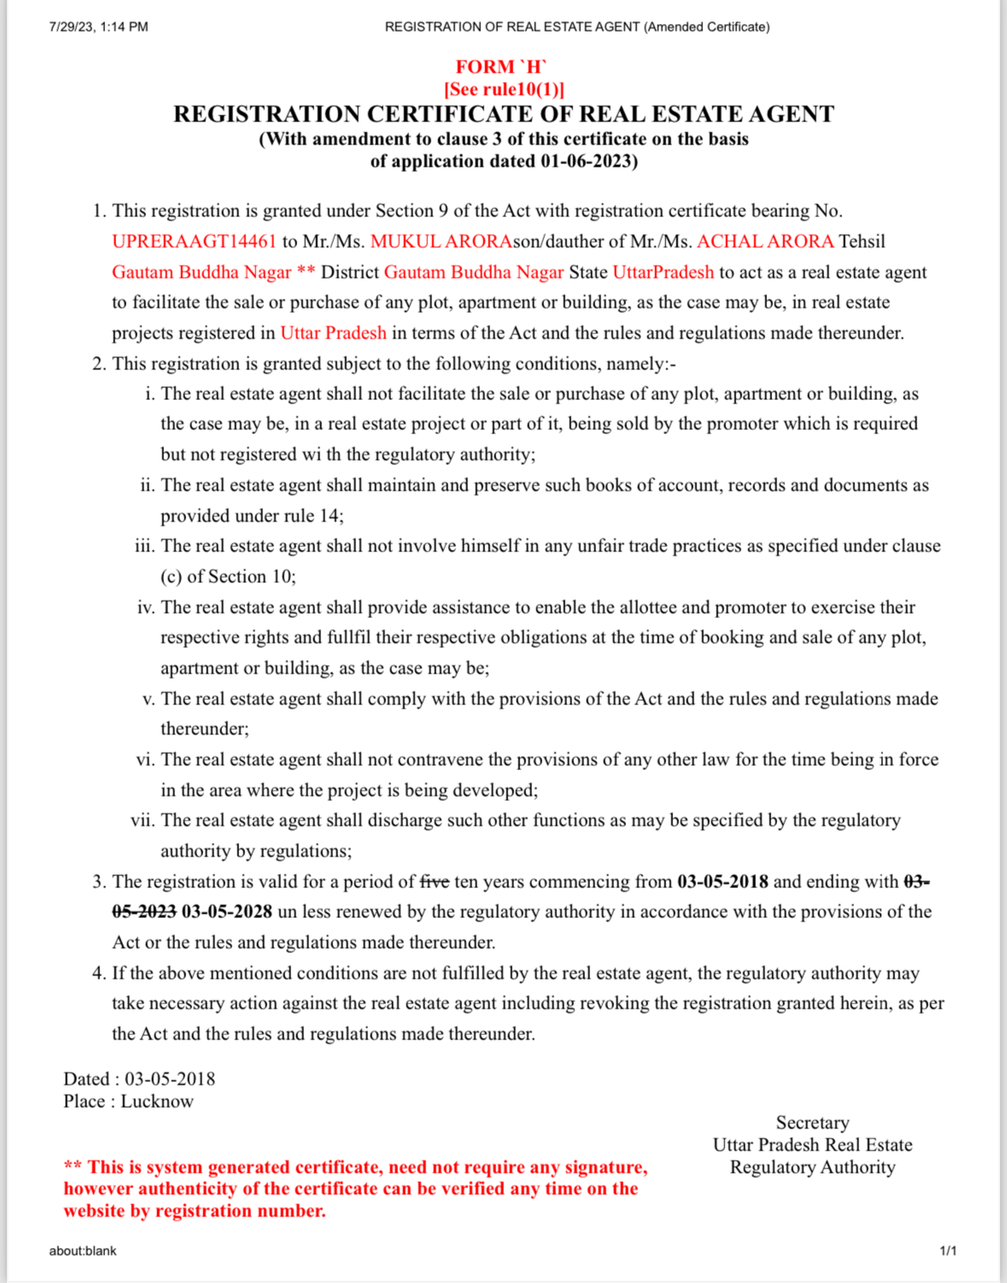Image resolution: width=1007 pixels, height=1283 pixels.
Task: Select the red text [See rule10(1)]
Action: pyautogui.click(x=503, y=89)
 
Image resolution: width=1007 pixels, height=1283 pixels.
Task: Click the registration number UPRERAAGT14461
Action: pyautogui.click(x=194, y=242)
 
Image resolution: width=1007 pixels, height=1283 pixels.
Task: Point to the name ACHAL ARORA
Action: pyautogui.click(x=765, y=242)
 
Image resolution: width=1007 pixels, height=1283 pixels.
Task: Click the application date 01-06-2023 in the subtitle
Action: pyautogui.click(x=585, y=162)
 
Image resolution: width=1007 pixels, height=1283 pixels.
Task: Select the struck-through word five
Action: pyautogui.click(x=435, y=881)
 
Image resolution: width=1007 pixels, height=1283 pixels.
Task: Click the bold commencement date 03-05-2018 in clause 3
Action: pyautogui.click(x=722, y=881)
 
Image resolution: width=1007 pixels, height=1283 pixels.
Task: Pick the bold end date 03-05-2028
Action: pyautogui.click(x=226, y=912)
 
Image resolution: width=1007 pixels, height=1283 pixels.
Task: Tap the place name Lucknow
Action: pyautogui.click(x=157, y=1102)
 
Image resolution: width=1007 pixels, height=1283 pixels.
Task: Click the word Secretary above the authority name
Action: pyautogui.click(x=812, y=1123)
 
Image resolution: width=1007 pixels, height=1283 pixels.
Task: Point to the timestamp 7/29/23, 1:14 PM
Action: pyautogui.click(x=98, y=27)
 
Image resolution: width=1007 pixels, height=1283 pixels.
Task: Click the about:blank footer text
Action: pyautogui.click(x=83, y=1251)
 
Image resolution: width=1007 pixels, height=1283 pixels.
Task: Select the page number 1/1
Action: pyautogui.click(x=948, y=1251)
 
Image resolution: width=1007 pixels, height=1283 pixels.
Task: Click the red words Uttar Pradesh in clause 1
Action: pyautogui.click(x=333, y=333)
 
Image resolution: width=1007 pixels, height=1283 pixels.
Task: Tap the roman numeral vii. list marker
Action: pyautogui.click(x=143, y=821)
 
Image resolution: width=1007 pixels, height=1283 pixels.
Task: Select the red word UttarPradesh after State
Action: pyautogui.click(x=663, y=273)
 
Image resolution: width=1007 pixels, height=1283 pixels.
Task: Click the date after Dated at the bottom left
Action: pyautogui.click(x=170, y=1080)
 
